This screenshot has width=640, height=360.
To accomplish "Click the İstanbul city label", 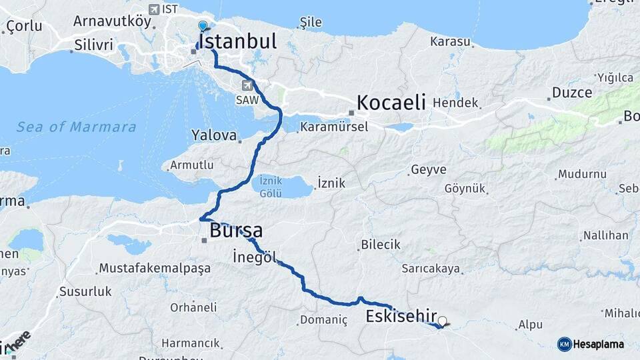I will [x=237, y=41].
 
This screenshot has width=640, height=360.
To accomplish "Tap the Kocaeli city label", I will [x=391, y=103].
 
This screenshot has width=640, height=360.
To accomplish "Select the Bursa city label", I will [x=235, y=231].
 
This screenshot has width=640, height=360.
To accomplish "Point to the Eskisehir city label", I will [x=401, y=316].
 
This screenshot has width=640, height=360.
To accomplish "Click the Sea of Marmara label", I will [x=76, y=127].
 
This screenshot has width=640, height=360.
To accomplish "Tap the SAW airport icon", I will [x=248, y=85].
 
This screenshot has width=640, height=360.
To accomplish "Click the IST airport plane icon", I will [x=155, y=9].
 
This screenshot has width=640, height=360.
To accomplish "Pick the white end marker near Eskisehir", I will [x=442, y=321].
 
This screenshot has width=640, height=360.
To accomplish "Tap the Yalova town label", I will [x=214, y=135].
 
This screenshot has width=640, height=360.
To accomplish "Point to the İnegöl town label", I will [x=255, y=257].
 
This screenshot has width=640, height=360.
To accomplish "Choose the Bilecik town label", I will [x=381, y=245].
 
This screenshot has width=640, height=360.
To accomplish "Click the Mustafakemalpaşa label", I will [x=154, y=268].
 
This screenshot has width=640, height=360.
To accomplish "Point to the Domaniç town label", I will [x=323, y=320].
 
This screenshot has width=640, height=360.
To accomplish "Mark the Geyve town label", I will [x=429, y=169].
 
